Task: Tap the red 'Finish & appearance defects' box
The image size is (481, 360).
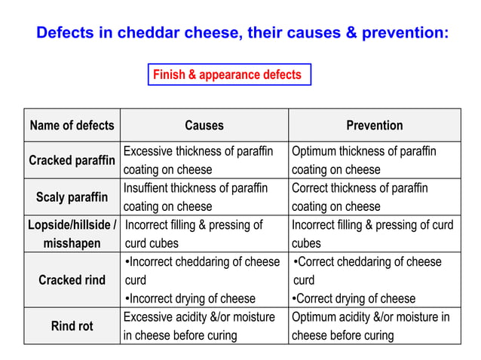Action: click(x=228, y=75)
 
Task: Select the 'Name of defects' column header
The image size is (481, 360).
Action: click(x=72, y=125)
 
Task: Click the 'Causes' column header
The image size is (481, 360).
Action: click(x=204, y=125)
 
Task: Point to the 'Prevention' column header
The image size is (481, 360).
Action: click(x=375, y=125)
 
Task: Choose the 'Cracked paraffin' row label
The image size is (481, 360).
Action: click(x=72, y=160)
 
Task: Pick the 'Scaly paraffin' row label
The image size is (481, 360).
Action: click(x=72, y=197)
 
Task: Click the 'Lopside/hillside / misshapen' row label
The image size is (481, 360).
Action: click(x=72, y=233)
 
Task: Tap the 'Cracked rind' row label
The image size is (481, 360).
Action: click(x=72, y=280)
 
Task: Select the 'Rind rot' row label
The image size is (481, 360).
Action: click(x=72, y=326)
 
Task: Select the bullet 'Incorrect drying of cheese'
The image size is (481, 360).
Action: click(x=189, y=298)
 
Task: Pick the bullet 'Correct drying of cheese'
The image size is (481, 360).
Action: click(x=354, y=298)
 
